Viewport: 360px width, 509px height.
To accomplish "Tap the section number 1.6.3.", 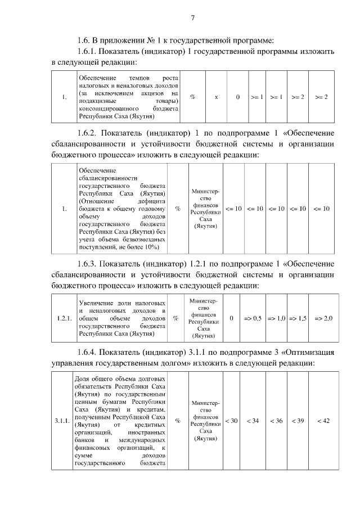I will [90, 264].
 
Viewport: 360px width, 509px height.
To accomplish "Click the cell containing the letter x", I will [217, 97].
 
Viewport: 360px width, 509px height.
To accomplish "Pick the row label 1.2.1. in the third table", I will [64, 318].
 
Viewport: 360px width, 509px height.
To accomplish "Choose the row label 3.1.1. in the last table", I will [62, 421].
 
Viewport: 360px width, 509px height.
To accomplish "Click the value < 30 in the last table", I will [231, 421].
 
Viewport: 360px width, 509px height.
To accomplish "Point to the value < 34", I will [253, 421].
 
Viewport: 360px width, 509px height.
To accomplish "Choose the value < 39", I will [298, 421].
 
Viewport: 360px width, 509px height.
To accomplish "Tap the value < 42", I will [323, 421].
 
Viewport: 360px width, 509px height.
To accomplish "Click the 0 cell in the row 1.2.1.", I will [232, 318].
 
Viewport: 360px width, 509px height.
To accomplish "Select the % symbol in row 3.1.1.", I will [178, 421].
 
